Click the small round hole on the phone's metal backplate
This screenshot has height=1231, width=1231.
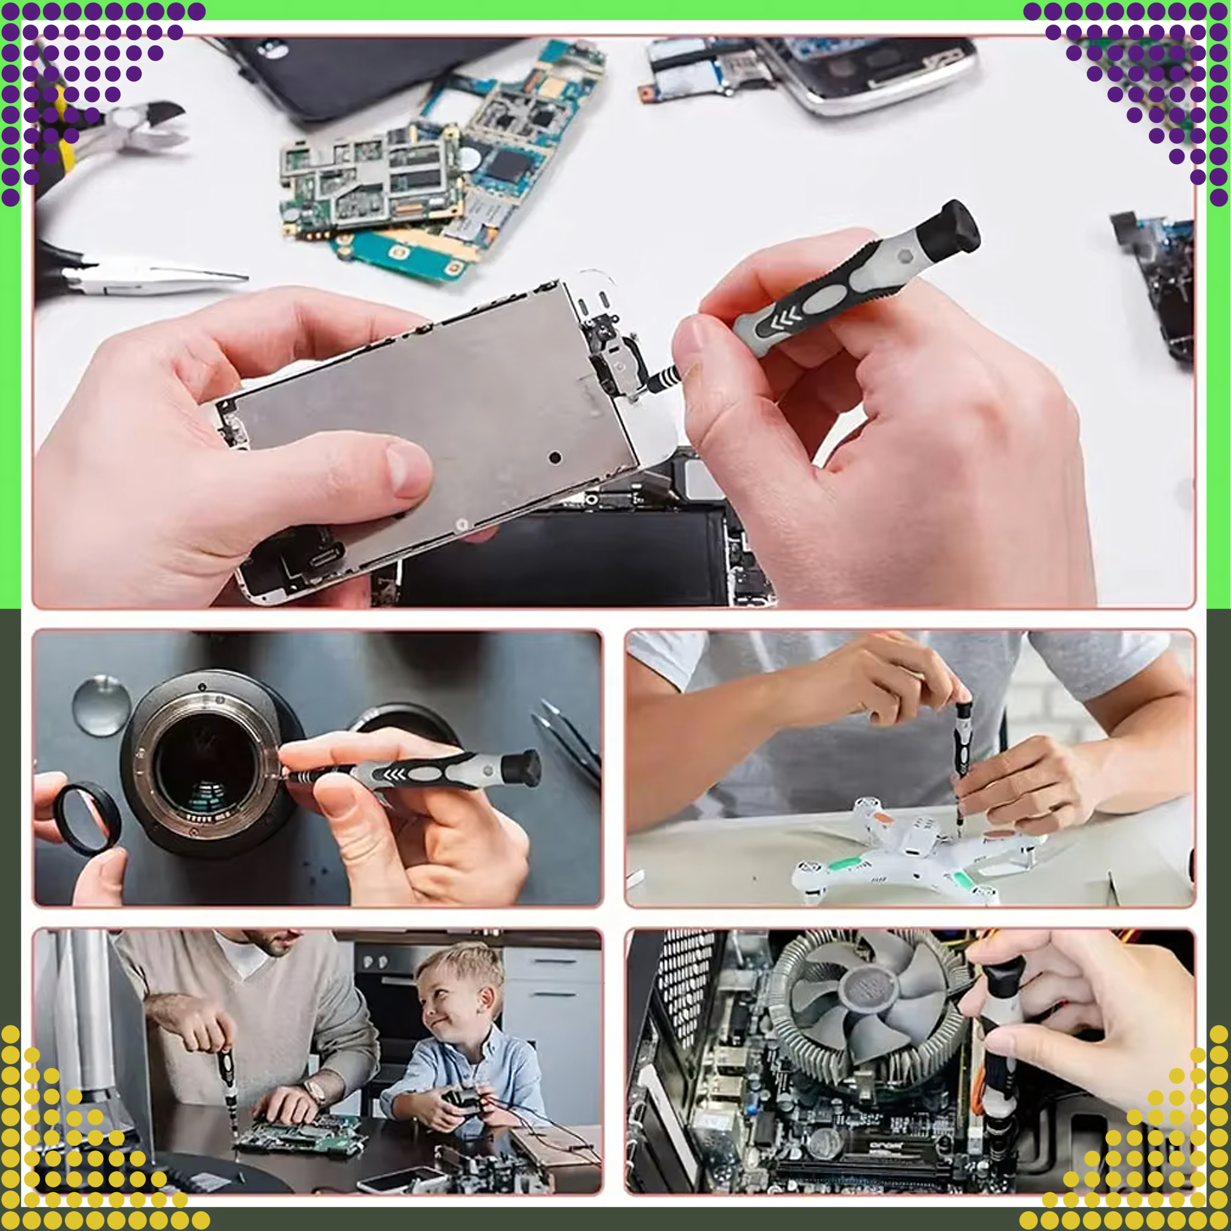[x=555, y=457]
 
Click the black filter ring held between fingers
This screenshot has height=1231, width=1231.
[x=87, y=819]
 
